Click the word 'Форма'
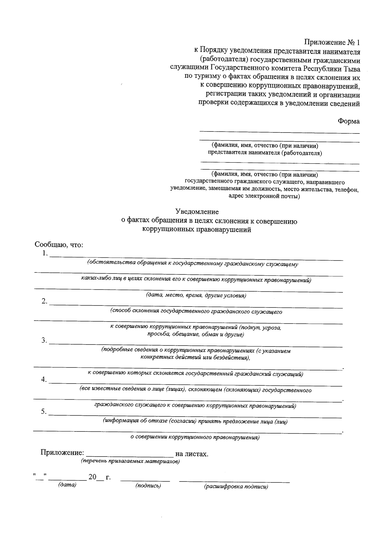click(349, 121)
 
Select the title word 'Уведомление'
click(197, 211)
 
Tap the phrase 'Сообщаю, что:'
click(59, 245)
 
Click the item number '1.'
click(45, 253)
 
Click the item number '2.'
click(44, 301)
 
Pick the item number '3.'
click(44, 340)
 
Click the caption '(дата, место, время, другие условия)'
click(196, 295)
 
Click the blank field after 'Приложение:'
click(130, 454)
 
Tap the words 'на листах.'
click(192, 454)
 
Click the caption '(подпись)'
click(148, 486)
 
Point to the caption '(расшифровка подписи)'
click(236, 487)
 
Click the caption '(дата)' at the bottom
click(67, 485)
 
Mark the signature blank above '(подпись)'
click(145, 480)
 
